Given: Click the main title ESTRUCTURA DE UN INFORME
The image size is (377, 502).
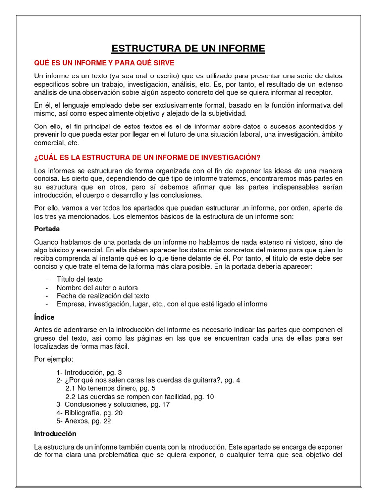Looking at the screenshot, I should tap(188, 49).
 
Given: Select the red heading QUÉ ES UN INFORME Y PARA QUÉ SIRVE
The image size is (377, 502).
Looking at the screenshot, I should tap(104, 63).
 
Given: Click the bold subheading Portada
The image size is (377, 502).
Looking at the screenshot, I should tap(47, 229).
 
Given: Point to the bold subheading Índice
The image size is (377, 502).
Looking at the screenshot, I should tap(44, 317).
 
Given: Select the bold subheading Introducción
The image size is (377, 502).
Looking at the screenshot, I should tap(55, 434).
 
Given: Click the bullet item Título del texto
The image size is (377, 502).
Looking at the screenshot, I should tap(80, 279).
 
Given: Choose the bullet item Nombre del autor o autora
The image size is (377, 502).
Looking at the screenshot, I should tap(97, 288).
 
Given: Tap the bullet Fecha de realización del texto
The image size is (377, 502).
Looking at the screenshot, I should tap(103, 296).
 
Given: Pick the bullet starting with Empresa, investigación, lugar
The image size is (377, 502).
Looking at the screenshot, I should tap(162, 304).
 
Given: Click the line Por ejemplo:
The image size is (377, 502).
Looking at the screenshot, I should tap(54, 359).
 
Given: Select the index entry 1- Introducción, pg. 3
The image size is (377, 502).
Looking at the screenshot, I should tap(89, 372).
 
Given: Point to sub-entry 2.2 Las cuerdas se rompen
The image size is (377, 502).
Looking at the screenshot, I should tap(139, 397).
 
